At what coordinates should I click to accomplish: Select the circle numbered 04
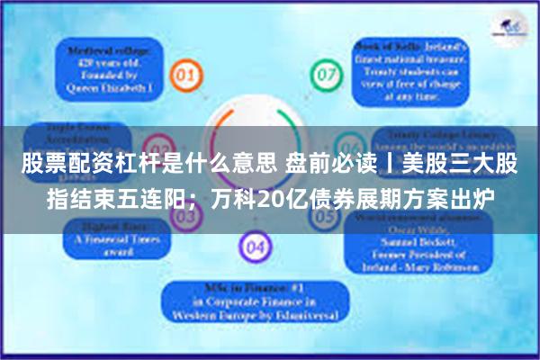click(256, 245)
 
